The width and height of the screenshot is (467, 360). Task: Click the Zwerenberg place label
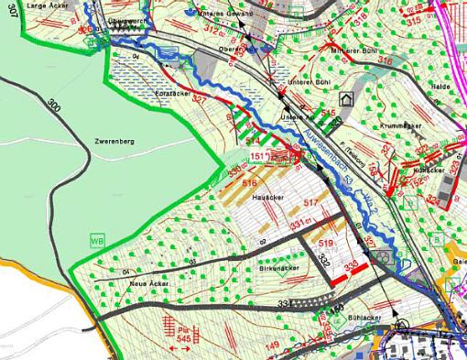click(114, 143)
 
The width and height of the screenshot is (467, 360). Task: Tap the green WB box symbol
click(97, 239)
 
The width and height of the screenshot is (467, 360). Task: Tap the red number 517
click(310, 202)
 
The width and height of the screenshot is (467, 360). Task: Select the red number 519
click(326, 243)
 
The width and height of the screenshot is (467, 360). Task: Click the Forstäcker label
click(171, 93)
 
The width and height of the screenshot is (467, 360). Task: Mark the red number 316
click(385, 60)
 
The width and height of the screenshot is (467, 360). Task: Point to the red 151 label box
click(259, 157)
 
